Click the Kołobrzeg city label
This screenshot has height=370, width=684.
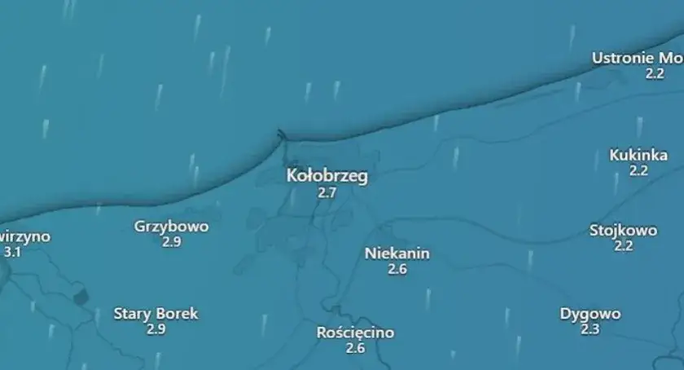(x=327, y=176)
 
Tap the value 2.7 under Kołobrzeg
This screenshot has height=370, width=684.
(x=327, y=193)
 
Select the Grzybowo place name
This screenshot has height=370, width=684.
(x=171, y=227)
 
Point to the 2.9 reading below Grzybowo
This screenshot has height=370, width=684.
(x=171, y=242)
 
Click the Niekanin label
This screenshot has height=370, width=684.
(x=397, y=253)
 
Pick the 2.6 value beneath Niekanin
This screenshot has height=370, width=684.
(x=397, y=269)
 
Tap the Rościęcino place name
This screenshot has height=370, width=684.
(x=355, y=333)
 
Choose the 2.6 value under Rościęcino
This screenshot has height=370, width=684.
(x=355, y=348)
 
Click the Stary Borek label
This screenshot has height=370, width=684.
(x=156, y=314)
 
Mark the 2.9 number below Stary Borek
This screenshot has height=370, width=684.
(x=156, y=329)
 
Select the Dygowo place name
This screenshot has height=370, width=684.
(x=590, y=314)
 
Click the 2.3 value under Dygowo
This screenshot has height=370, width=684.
(x=590, y=329)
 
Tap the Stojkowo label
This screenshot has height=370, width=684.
(x=623, y=231)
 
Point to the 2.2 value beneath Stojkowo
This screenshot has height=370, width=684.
(x=624, y=246)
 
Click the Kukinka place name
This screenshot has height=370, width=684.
(x=638, y=155)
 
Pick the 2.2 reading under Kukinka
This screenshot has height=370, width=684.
(x=638, y=170)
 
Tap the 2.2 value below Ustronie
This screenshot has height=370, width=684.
(x=655, y=73)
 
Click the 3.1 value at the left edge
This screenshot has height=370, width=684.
(x=12, y=253)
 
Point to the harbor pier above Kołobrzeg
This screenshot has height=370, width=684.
(x=281, y=134)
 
